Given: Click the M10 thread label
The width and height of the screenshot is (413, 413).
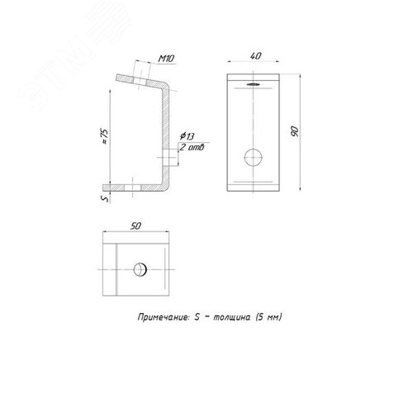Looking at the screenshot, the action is click(x=166, y=59).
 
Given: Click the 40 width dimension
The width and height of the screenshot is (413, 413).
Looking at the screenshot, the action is click(x=255, y=56).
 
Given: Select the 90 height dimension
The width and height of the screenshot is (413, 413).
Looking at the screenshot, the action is click(x=294, y=131).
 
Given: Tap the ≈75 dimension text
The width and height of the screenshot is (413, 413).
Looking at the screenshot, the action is click(x=105, y=136).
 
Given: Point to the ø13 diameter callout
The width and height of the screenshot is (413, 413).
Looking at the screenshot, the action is click(x=187, y=136).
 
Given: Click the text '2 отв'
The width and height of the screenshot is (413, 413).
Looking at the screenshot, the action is click(x=192, y=147).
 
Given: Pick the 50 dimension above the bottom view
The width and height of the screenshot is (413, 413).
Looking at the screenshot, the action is click(x=135, y=226).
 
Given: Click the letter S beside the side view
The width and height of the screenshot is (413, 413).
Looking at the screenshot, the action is click(x=106, y=198).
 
